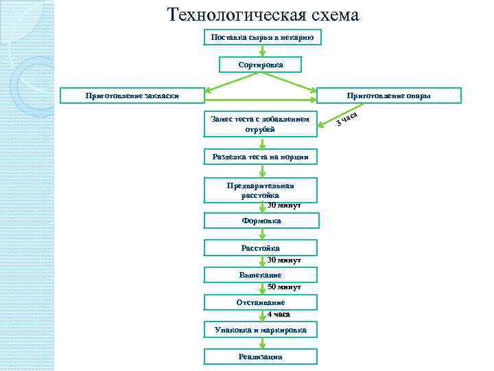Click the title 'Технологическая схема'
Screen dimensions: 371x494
click(x=263, y=14)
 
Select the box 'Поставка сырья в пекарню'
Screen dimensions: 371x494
click(x=261, y=37)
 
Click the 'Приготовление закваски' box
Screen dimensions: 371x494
click(x=131, y=95)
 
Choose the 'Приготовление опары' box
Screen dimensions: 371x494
click(x=388, y=95)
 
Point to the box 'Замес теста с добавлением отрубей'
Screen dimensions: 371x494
click(x=261, y=124)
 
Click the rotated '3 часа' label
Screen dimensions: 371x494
click(x=349, y=120)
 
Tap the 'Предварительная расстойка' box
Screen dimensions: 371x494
click(x=261, y=190)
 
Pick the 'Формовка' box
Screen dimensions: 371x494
click(x=261, y=221)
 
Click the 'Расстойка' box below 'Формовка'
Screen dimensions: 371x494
click(x=261, y=247)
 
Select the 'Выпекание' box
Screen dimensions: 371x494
click(x=261, y=275)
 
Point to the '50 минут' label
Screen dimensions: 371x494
click(x=284, y=286)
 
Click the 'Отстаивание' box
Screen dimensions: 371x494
click(x=261, y=302)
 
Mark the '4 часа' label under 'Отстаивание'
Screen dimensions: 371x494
click(x=279, y=314)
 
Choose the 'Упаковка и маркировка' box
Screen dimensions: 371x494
click(x=261, y=330)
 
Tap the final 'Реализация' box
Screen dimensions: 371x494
click(x=261, y=356)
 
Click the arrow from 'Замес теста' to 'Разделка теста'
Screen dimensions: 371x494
click(x=262, y=144)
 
